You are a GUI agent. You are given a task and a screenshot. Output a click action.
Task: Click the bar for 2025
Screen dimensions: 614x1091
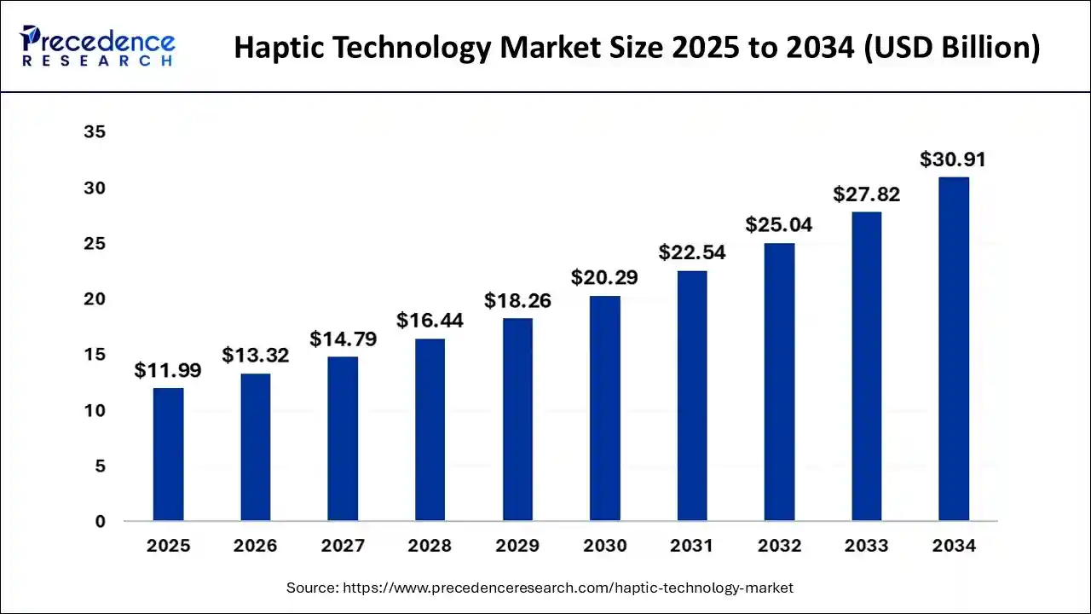(x=168, y=454)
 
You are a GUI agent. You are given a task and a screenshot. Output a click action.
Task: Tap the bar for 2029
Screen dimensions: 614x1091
(x=517, y=419)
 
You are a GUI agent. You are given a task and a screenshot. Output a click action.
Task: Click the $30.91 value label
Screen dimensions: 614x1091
(x=953, y=159)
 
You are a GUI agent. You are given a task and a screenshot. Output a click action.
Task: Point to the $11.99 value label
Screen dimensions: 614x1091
(x=168, y=371)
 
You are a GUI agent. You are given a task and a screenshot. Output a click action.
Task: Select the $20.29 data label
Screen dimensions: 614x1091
(x=604, y=277)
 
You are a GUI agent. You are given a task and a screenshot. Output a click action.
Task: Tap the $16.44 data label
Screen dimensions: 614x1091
(x=430, y=321)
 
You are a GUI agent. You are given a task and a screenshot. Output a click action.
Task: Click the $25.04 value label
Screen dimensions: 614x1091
(x=779, y=225)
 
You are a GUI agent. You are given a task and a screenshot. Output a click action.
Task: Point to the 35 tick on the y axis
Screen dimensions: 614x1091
(x=94, y=133)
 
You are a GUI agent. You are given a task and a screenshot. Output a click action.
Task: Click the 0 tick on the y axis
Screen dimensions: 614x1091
(x=100, y=522)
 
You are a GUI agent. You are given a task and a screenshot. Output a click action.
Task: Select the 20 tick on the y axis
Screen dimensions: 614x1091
(x=94, y=299)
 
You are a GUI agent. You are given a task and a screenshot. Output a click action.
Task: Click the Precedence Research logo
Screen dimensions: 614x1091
(x=98, y=46)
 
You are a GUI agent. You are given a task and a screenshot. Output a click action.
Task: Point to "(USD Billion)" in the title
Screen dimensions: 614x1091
(x=952, y=49)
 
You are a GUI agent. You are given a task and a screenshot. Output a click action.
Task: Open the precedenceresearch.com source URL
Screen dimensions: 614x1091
(x=568, y=588)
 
